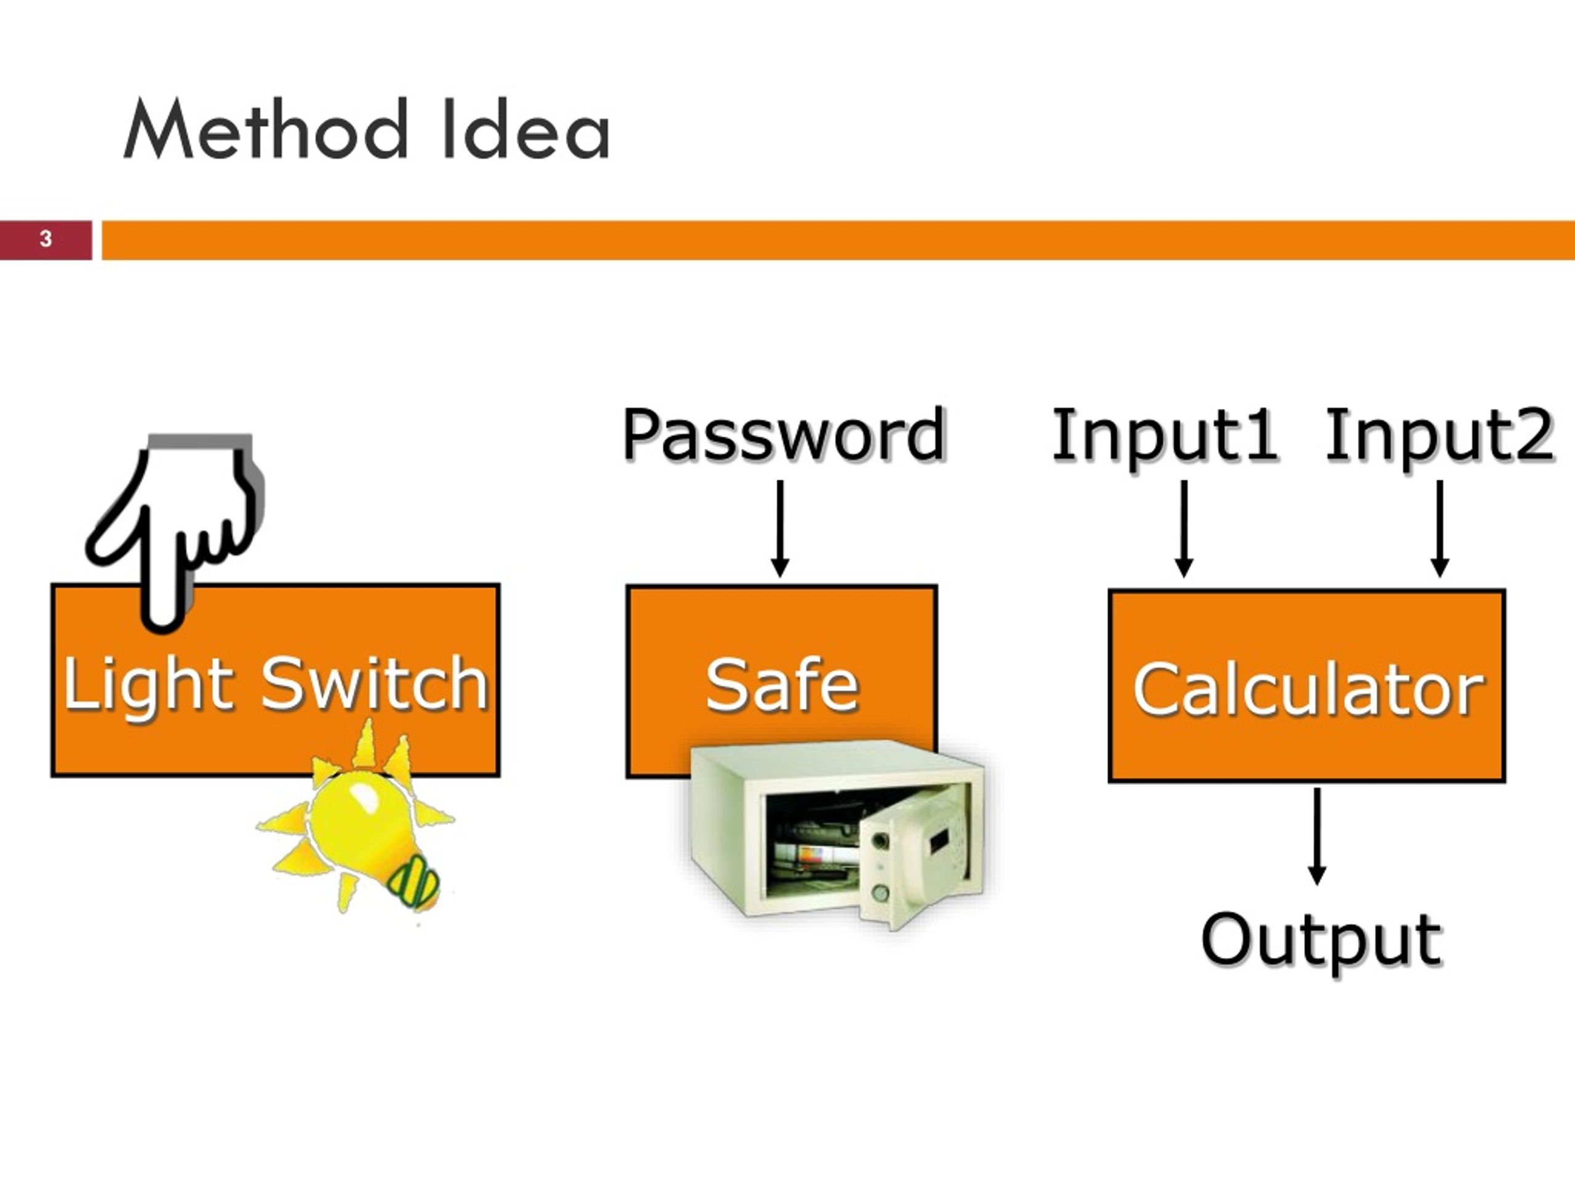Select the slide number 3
pyautogui.click(x=46, y=239)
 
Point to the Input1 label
pyautogui.click(x=1165, y=435)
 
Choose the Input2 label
pyautogui.click(x=1439, y=435)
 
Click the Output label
pyautogui.click(x=1322, y=941)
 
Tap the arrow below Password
pyautogui.click(x=780, y=528)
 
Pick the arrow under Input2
pyautogui.click(x=1440, y=528)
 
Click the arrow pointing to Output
pyautogui.click(x=1317, y=836)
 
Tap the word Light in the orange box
pyautogui.click(x=148, y=685)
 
